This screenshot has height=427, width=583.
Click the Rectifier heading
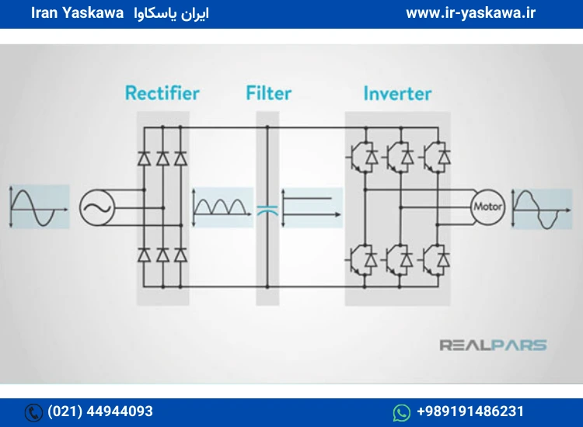(x=162, y=93)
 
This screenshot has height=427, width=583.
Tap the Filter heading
(x=268, y=93)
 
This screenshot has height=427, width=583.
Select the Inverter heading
(x=397, y=93)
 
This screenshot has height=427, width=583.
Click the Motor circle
(x=487, y=207)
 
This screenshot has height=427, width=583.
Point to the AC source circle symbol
(x=97, y=207)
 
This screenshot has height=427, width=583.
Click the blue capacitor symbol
(x=267, y=210)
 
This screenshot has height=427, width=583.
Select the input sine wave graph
(x=39, y=207)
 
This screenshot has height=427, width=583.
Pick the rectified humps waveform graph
(x=222, y=207)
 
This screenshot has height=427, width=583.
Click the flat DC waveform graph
(x=312, y=207)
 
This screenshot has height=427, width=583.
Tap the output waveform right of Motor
(x=541, y=208)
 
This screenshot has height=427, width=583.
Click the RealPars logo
(x=493, y=345)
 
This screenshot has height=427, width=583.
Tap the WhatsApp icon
(x=402, y=412)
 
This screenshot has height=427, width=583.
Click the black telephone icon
(x=33, y=412)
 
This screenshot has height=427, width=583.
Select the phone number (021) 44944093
(x=100, y=411)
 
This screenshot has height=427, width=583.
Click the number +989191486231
(x=470, y=411)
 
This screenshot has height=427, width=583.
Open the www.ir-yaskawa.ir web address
(x=471, y=13)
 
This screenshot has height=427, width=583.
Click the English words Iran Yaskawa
(x=77, y=13)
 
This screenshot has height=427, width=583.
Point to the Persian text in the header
(x=172, y=14)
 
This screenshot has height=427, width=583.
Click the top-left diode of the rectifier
(x=145, y=158)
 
